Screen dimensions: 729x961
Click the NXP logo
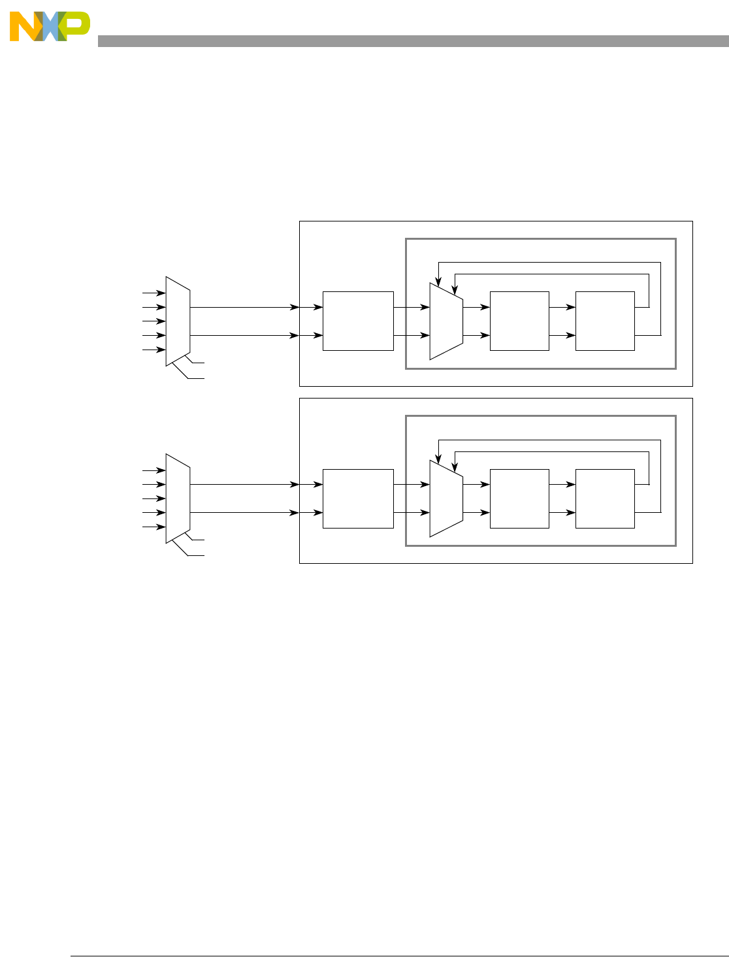tap(50, 27)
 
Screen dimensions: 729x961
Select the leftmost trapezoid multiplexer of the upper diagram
tap(178, 321)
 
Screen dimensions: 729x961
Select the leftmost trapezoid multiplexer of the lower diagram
tap(178, 498)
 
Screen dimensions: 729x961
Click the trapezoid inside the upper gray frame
tap(446, 321)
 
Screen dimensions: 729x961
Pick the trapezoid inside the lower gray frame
tap(446, 498)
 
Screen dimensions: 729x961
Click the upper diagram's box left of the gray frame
tap(358, 321)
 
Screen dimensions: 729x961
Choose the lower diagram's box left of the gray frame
tap(358, 498)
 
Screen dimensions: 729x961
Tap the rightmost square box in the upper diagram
tap(605, 321)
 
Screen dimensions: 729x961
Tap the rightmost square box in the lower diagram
tap(605, 498)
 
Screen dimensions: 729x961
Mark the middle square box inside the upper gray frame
tap(519, 321)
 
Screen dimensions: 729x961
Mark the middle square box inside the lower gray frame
tap(519, 498)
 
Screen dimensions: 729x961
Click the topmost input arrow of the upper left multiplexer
tap(154, 293)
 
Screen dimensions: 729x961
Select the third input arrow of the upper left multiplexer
tap(154, 321)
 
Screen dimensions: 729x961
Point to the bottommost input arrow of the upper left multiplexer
tap(154, 350)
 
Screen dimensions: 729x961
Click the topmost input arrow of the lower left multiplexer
tap(154, 470)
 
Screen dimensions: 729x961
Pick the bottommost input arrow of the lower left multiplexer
tap(154, 527)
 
